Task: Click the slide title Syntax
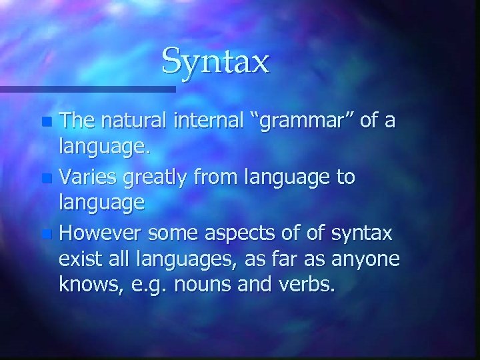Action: coord(215,61)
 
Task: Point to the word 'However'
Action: coord(103,233)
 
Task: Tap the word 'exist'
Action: coord(80,261)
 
